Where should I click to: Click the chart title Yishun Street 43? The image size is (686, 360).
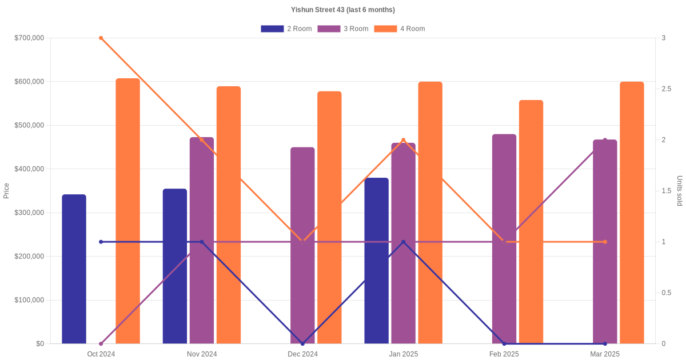pos(342,10)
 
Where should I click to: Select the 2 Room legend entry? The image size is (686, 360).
pos(286,29)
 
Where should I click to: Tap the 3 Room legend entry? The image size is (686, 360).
pos(342,29)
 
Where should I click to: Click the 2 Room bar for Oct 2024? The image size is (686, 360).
pos(74,269)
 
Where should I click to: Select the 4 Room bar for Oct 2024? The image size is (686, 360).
pos(128,211)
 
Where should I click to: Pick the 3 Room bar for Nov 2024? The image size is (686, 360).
pos(202,241)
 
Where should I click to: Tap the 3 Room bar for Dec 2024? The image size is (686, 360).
pos(302,246)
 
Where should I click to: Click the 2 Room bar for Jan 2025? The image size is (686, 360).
pos(376,261)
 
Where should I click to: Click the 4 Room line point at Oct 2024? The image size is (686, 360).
pos(101,38)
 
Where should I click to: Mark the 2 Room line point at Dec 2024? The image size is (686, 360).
pos(302,343)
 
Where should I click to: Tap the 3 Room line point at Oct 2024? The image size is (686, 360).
pos(101,343)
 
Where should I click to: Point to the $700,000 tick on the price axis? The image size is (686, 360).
pos(29,38)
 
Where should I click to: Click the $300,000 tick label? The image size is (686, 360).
pos(29,213)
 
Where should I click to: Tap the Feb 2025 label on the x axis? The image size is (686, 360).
pos(504,354)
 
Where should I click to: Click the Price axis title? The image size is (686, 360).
pos(6,191)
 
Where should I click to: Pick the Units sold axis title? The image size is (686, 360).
pos(680,191)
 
